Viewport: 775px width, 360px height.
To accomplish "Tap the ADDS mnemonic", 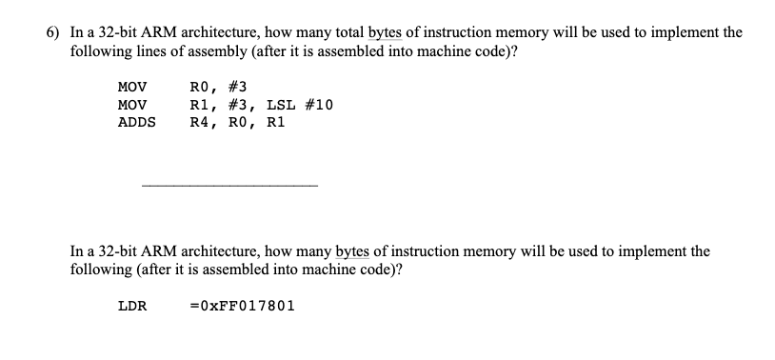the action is (136, 122).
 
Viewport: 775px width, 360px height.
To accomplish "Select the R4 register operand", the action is (200, 122).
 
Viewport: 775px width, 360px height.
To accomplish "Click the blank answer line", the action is (229, 184).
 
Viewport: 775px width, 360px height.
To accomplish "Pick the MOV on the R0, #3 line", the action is (131, 88).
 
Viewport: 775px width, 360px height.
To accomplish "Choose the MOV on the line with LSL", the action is (131, 105).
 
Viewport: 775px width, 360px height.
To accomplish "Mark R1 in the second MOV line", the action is (200, 105).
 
